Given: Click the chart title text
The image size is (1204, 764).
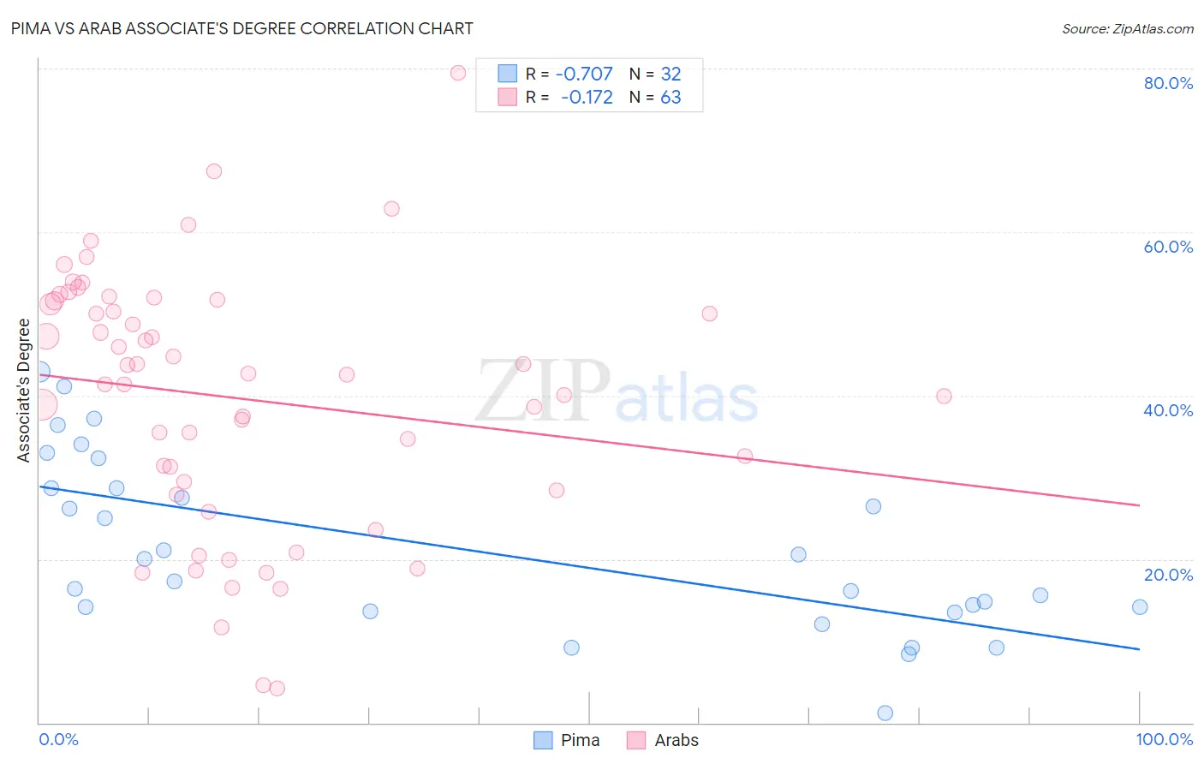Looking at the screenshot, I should click(x=241, y=28).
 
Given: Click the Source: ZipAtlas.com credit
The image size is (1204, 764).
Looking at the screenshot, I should click(x=1127, y=29).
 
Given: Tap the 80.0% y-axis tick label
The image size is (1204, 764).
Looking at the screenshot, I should click(x=1168, y=83).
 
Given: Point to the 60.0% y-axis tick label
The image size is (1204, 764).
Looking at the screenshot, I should click(x=1168, y=247).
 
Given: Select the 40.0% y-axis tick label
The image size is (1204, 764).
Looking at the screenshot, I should click(x=1168, y=410).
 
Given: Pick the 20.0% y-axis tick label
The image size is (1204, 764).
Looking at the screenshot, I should click(x=1168, y=575).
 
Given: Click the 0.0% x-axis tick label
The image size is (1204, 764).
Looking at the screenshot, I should click(x=58, y=739).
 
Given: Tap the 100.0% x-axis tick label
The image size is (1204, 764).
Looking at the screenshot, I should click(x=1164, y=739).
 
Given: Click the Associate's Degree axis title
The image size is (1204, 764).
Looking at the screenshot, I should click(x=24, y=390).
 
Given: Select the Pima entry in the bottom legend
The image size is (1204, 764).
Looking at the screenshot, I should click(x=580, y=740).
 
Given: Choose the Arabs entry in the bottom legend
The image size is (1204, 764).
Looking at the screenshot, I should click(x=676, y=740).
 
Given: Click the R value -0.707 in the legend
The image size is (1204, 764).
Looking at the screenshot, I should click(x=584, y=74).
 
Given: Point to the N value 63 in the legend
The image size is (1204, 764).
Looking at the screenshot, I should click(x=671, y=98).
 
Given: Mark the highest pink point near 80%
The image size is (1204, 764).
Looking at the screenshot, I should click(x=458, y=73).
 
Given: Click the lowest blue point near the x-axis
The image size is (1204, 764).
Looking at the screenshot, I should click(x=885, y=713).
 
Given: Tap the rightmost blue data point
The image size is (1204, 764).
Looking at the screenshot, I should click(x=1140, y=607).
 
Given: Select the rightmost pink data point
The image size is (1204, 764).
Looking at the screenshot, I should click(x=944, y=396).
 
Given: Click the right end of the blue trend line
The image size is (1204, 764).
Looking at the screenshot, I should click(x=1139, y=649).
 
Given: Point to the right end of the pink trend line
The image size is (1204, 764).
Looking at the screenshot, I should click(x=1139, y=505).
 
